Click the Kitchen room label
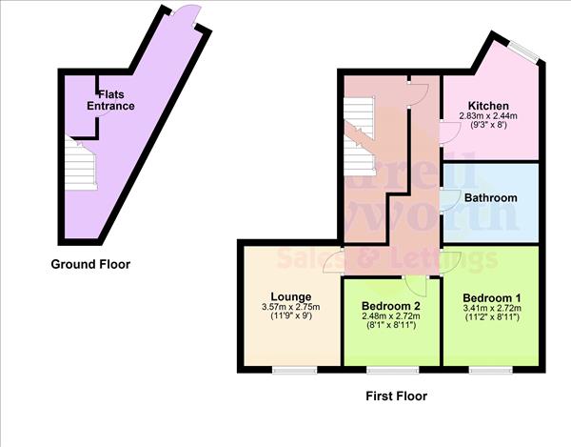[489, 106]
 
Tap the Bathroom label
[490, 198]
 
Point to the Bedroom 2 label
[390, 305]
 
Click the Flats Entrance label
[110, 99]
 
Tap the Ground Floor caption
[90, 264]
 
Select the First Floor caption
[397, 396]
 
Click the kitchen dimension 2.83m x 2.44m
[489, 117]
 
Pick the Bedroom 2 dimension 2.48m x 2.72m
[390, 315]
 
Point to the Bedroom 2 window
[391, 368]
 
